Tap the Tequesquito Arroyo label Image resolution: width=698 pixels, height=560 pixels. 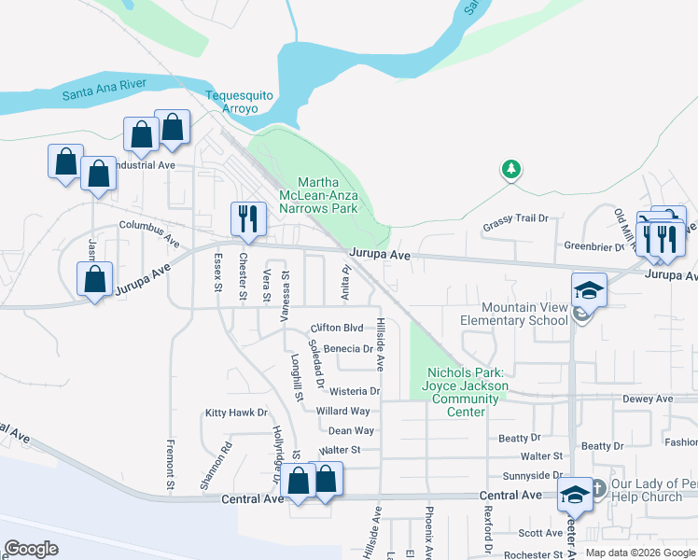tap(244, 102)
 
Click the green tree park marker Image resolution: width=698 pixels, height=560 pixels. tap(510, 169)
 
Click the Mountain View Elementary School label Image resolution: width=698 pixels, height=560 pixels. tap(523, 314)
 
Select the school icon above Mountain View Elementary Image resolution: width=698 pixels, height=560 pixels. tap(589, 289)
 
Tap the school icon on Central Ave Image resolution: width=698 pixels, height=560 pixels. tap(575, 494)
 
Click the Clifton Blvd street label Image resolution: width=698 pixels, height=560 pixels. tap(336, 329)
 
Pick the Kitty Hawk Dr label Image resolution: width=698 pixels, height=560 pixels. tap(236, 413)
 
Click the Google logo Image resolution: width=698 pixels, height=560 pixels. tap(32, 549)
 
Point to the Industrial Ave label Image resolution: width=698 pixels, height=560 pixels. tap(140, 164)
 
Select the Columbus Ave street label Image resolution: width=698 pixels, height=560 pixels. tap(149, 232)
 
